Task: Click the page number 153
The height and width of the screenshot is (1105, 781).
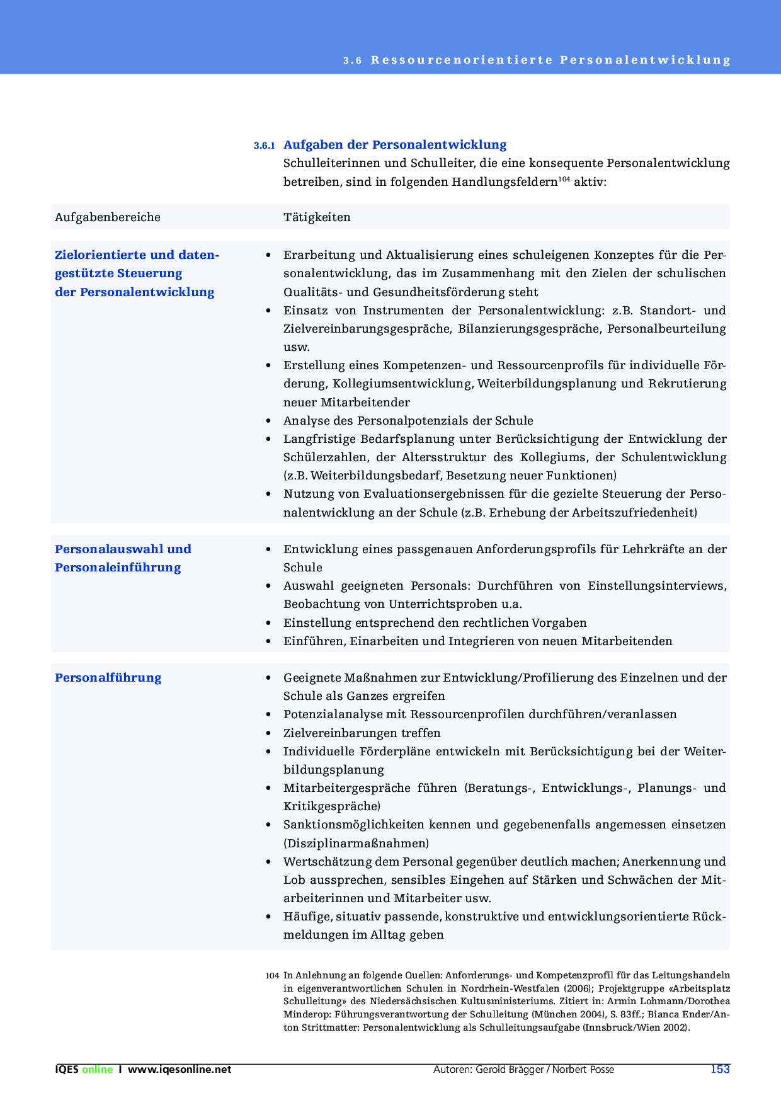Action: coord(720,1069)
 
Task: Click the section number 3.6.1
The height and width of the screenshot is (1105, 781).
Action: coord(264,146)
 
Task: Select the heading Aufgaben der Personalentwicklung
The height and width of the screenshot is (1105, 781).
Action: coord(395,145)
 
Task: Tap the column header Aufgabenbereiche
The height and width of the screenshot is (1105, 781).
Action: coord(108,217)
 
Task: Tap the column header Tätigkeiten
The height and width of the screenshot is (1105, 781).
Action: coord(317,217)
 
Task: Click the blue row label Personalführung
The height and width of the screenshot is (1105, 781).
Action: coord(108,678)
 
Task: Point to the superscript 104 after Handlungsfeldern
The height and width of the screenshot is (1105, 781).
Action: coord(564,179)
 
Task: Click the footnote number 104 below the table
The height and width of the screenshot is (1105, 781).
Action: coord(272,976)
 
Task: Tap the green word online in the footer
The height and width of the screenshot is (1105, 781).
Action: coord(98,1069)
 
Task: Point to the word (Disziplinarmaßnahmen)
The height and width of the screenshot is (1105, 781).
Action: coord(356,844)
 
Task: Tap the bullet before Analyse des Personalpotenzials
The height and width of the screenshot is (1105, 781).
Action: coord(269,421)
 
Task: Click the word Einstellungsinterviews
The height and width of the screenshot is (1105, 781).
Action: coord(657,586)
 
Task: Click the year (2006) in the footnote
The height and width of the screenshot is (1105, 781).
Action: coord(578,988)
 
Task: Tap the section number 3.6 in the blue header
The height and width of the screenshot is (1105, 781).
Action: coord(352,60)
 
